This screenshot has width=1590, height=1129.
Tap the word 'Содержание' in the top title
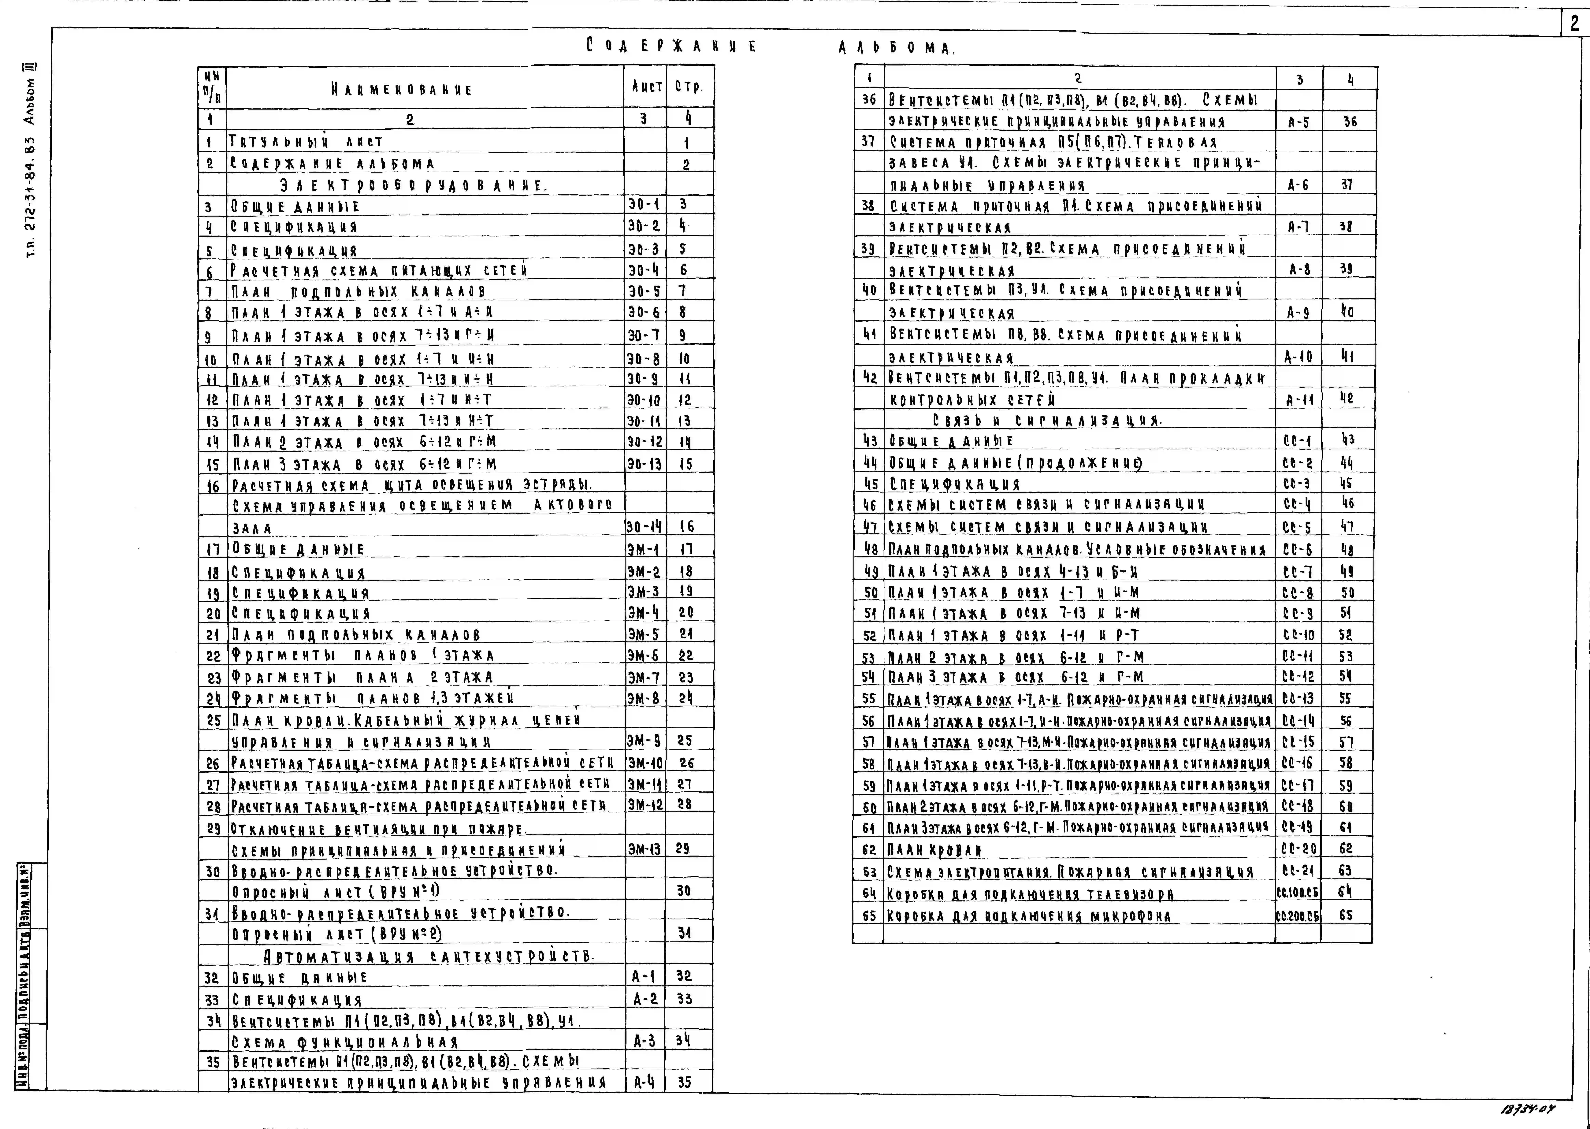tap(671, 47)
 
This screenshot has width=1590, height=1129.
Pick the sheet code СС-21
tap(1298, 870)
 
